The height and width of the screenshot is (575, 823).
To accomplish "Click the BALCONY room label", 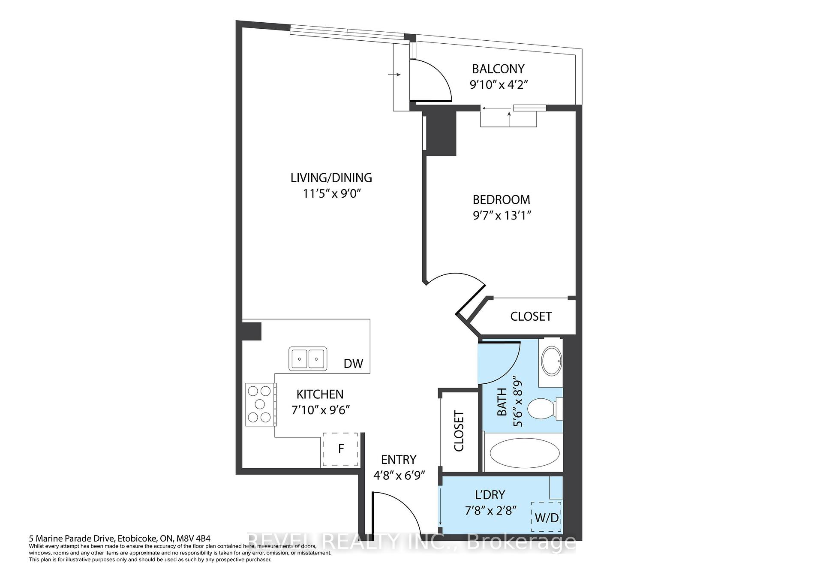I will click(498, 69).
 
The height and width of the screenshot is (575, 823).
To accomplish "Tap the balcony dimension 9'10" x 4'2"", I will click(498, 84).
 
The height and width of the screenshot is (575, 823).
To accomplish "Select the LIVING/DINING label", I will click(331, 178).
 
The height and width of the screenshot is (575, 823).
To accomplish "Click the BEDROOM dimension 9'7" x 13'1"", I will click(502, 215).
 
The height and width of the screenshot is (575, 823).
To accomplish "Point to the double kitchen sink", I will click(308, 358).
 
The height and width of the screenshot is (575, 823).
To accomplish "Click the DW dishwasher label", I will click(353, 364).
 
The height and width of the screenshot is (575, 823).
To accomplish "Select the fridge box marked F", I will click(341, 449).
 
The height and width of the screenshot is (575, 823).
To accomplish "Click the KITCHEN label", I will click(320, 394).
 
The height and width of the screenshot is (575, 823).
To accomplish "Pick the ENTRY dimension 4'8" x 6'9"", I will click(399, 476).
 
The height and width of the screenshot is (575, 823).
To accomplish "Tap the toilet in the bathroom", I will click(543, 409).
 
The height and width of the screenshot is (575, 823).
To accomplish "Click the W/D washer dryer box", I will click(547, 518).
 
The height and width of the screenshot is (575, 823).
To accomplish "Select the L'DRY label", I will click(490, 495).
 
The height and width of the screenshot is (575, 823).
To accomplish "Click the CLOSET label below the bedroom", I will click(531, 316).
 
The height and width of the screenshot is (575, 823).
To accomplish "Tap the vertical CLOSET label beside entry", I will click(459, 431).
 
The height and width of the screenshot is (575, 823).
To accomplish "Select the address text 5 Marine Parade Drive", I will click(120, 538).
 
